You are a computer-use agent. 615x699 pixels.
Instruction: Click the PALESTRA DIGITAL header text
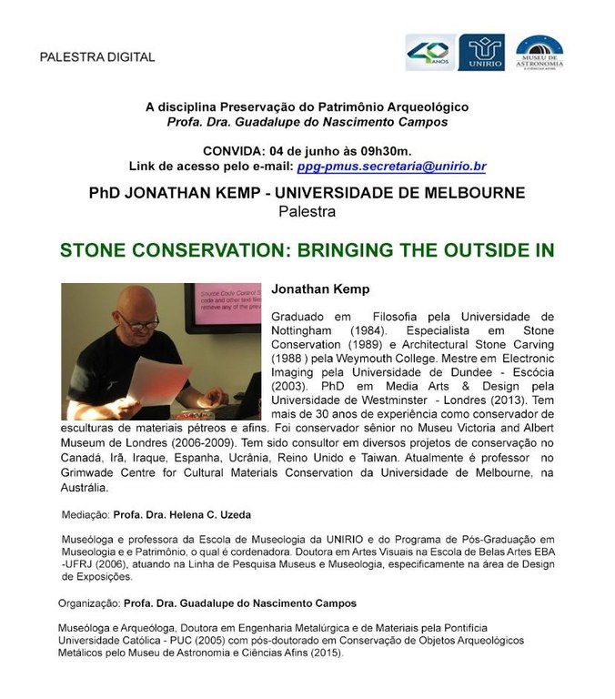click(97, 57)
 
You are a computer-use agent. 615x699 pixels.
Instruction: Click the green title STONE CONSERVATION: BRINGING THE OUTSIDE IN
click(307, 249)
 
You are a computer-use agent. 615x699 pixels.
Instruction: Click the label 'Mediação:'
click(86, 514)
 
